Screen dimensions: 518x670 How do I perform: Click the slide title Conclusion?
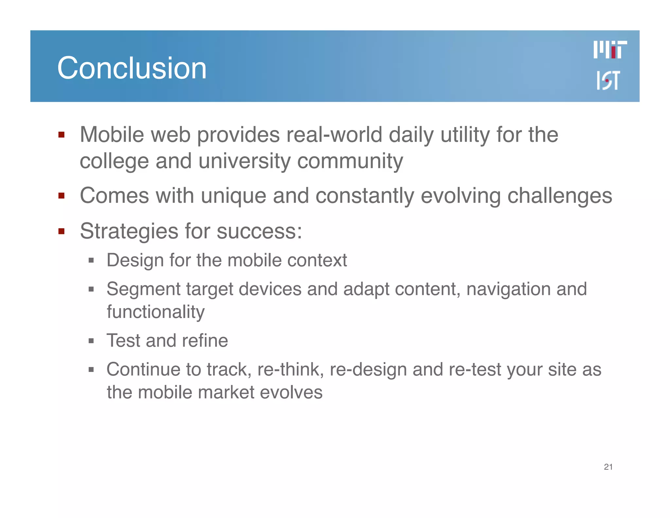[132, 68]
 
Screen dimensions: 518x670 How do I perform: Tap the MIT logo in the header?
[610, 50]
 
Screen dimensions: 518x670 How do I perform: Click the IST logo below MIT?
[608, 80]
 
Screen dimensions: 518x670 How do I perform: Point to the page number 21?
[608, 467]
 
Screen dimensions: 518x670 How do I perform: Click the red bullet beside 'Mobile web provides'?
[61, 135]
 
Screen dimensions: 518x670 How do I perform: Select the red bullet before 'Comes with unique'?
[61, 196]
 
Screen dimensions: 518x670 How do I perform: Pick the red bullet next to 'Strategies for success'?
[61, 231]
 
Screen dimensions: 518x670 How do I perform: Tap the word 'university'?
[244, 161]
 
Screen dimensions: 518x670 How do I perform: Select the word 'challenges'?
[559, 196]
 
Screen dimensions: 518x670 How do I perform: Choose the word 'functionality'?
[156, 312]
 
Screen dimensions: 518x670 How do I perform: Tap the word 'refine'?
[205, 341]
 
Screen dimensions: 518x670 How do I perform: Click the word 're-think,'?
[291, 369]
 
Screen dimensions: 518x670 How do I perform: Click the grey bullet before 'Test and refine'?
[91, 341]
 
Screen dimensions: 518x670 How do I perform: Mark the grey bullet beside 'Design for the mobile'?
[91, 261]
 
